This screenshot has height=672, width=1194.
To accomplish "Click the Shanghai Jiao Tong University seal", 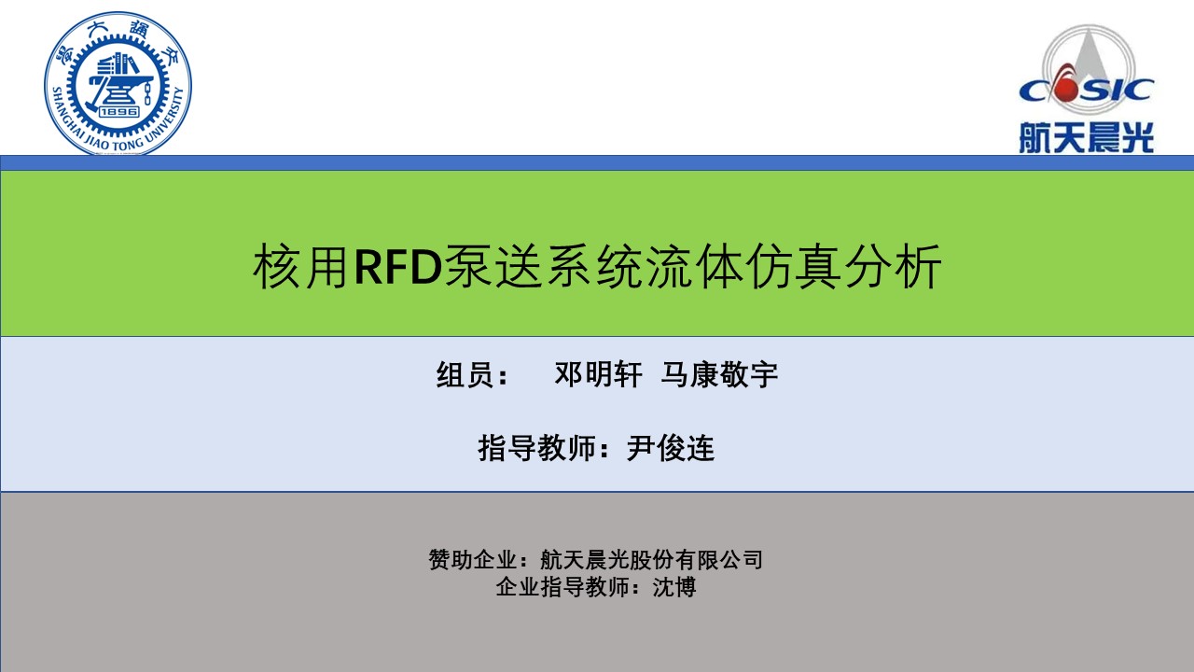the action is click(118, 84).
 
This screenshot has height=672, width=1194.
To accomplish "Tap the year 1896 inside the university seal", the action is click(118, 111).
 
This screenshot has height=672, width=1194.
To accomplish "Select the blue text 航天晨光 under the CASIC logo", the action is click(1087, 137).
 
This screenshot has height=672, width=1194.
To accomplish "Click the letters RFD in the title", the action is click(398, 266).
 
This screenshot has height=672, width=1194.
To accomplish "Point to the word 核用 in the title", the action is click(301, 266).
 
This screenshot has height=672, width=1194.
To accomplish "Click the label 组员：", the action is click(473, 374).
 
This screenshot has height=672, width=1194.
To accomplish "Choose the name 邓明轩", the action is click(598, 374).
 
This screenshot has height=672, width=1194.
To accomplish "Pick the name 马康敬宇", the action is click(719, 374).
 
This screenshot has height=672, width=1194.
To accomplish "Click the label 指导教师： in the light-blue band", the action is click(544, 448).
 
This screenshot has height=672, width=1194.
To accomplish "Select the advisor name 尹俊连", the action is click(670, 448).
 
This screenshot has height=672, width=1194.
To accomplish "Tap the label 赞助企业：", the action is click(479, 560).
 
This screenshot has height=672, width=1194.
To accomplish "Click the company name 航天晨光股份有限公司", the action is click(651, 560).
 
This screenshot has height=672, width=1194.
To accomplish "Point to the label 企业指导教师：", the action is click(569, 587).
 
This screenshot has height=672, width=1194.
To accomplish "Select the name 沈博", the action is click(674, 587).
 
